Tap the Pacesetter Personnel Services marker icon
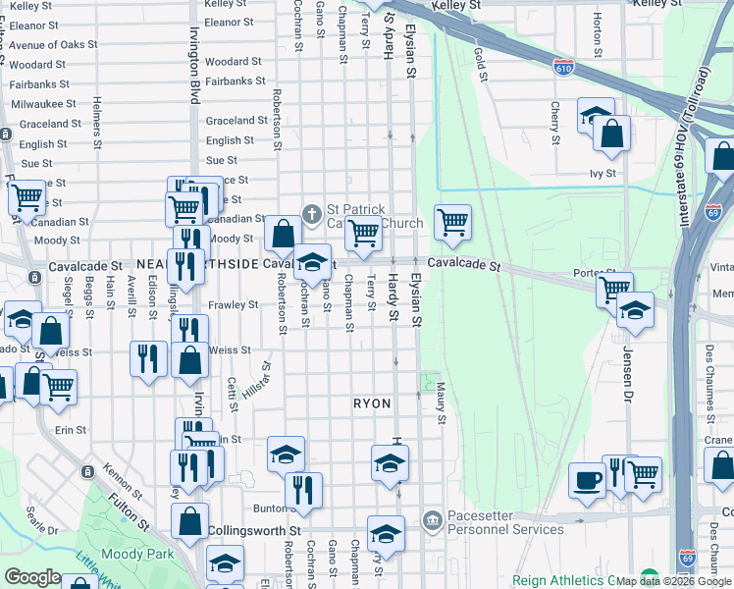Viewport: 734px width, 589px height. point(432,519)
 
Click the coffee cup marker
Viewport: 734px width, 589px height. point(588,480)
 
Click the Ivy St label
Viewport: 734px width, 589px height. point(603,174)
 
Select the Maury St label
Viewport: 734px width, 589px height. point(442,403)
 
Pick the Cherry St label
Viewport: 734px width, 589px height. point(555,123)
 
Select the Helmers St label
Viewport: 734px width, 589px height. point(97,118)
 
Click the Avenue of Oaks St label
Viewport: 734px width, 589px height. point(54,45)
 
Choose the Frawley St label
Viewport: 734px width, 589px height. point(233,305)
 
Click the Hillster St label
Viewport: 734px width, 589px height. point(259,377)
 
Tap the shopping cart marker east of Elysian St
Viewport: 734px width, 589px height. point(452,222)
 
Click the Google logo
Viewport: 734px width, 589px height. point(32,577)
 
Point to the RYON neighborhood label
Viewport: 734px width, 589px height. point(372,403)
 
